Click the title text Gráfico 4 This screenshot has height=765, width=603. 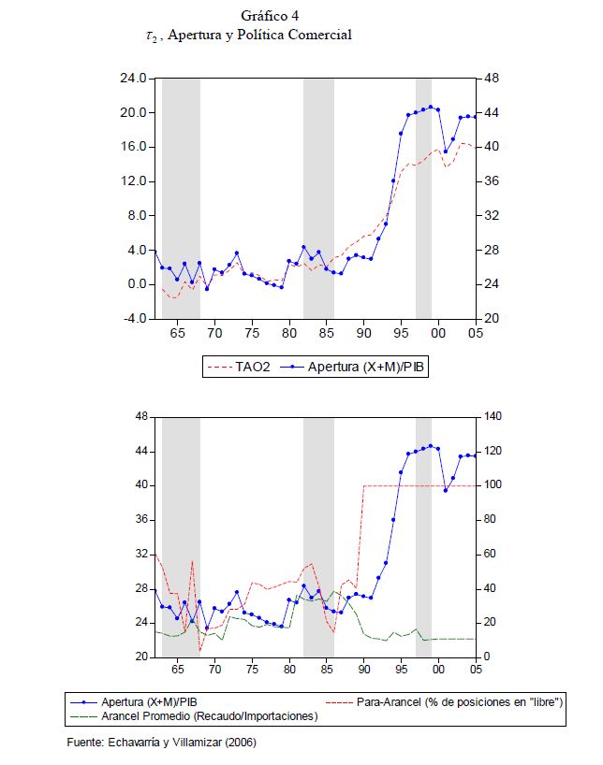tap(270, 16)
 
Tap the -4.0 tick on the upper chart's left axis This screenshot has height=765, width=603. tap(134, 319)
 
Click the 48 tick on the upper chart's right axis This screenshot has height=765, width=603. tap(491, 79)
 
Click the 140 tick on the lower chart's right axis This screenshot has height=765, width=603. tap(494, 417)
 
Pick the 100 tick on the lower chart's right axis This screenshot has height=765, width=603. tap(494, 485)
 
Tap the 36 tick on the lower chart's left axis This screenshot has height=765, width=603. tap(140, 520)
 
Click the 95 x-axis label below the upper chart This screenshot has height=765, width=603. tap(401, 333)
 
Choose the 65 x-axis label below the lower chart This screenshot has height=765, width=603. tap(177, 671)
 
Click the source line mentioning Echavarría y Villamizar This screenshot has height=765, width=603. tap(161, 743)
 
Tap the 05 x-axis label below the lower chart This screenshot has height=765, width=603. tap(476, 671)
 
